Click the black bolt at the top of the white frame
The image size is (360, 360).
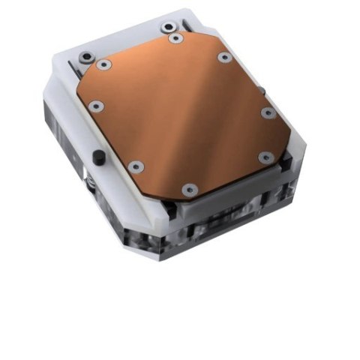pyautogui.click(x=167, y=28)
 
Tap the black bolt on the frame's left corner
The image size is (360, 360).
pyautogui.click(x=87, y=56)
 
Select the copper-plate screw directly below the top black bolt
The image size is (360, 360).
pyautogui.click(x=175, y=38)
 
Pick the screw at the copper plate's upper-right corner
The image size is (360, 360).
pyautogui.click(x=223, y=57)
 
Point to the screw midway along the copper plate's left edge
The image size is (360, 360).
pyautogui.click(x=94, y=106)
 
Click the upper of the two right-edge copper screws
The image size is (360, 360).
pyautogui.click(x=268, y=113)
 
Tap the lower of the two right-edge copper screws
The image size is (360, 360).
pyautogui.click(x=265, y=157)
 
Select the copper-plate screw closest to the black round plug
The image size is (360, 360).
pyautogui.click(x=135, y=167)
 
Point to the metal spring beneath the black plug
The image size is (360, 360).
pyautogui.click(x=91, y=182)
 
